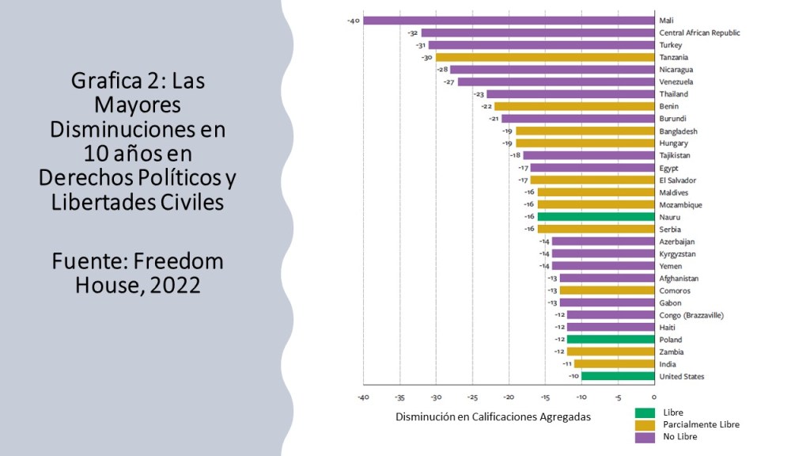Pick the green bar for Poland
[610, 340]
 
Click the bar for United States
[617, 376]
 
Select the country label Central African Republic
[699, 33]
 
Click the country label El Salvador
[678, 180]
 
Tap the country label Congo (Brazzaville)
[691, 315]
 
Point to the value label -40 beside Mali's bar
[354, 21]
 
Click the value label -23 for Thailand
[479, 94]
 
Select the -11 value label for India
[567, 364]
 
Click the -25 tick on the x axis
[472, 397]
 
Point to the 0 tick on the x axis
[654, 397]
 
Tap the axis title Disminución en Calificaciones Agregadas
[493, 417]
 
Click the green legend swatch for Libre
[645, 412]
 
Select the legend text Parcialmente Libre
[701, 425]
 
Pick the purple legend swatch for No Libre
[645, 436]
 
